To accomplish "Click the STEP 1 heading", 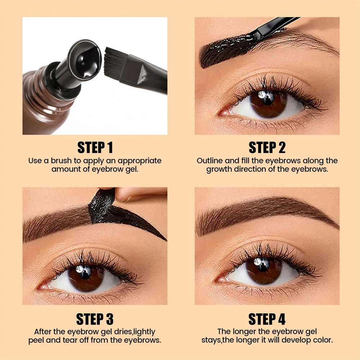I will pyautogui.click(x=95, y=148).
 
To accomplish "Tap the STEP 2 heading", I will pyautogui.click(x=267, y=148).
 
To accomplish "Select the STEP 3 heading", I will pyautogui.click(x=95, y=319).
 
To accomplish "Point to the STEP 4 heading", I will pyautogui.click(x=267, y=319).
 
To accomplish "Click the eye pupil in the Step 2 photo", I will pyautogui.click(x=267, y=101).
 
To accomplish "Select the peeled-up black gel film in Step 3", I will pyautogui.click(x=103, y=205).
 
